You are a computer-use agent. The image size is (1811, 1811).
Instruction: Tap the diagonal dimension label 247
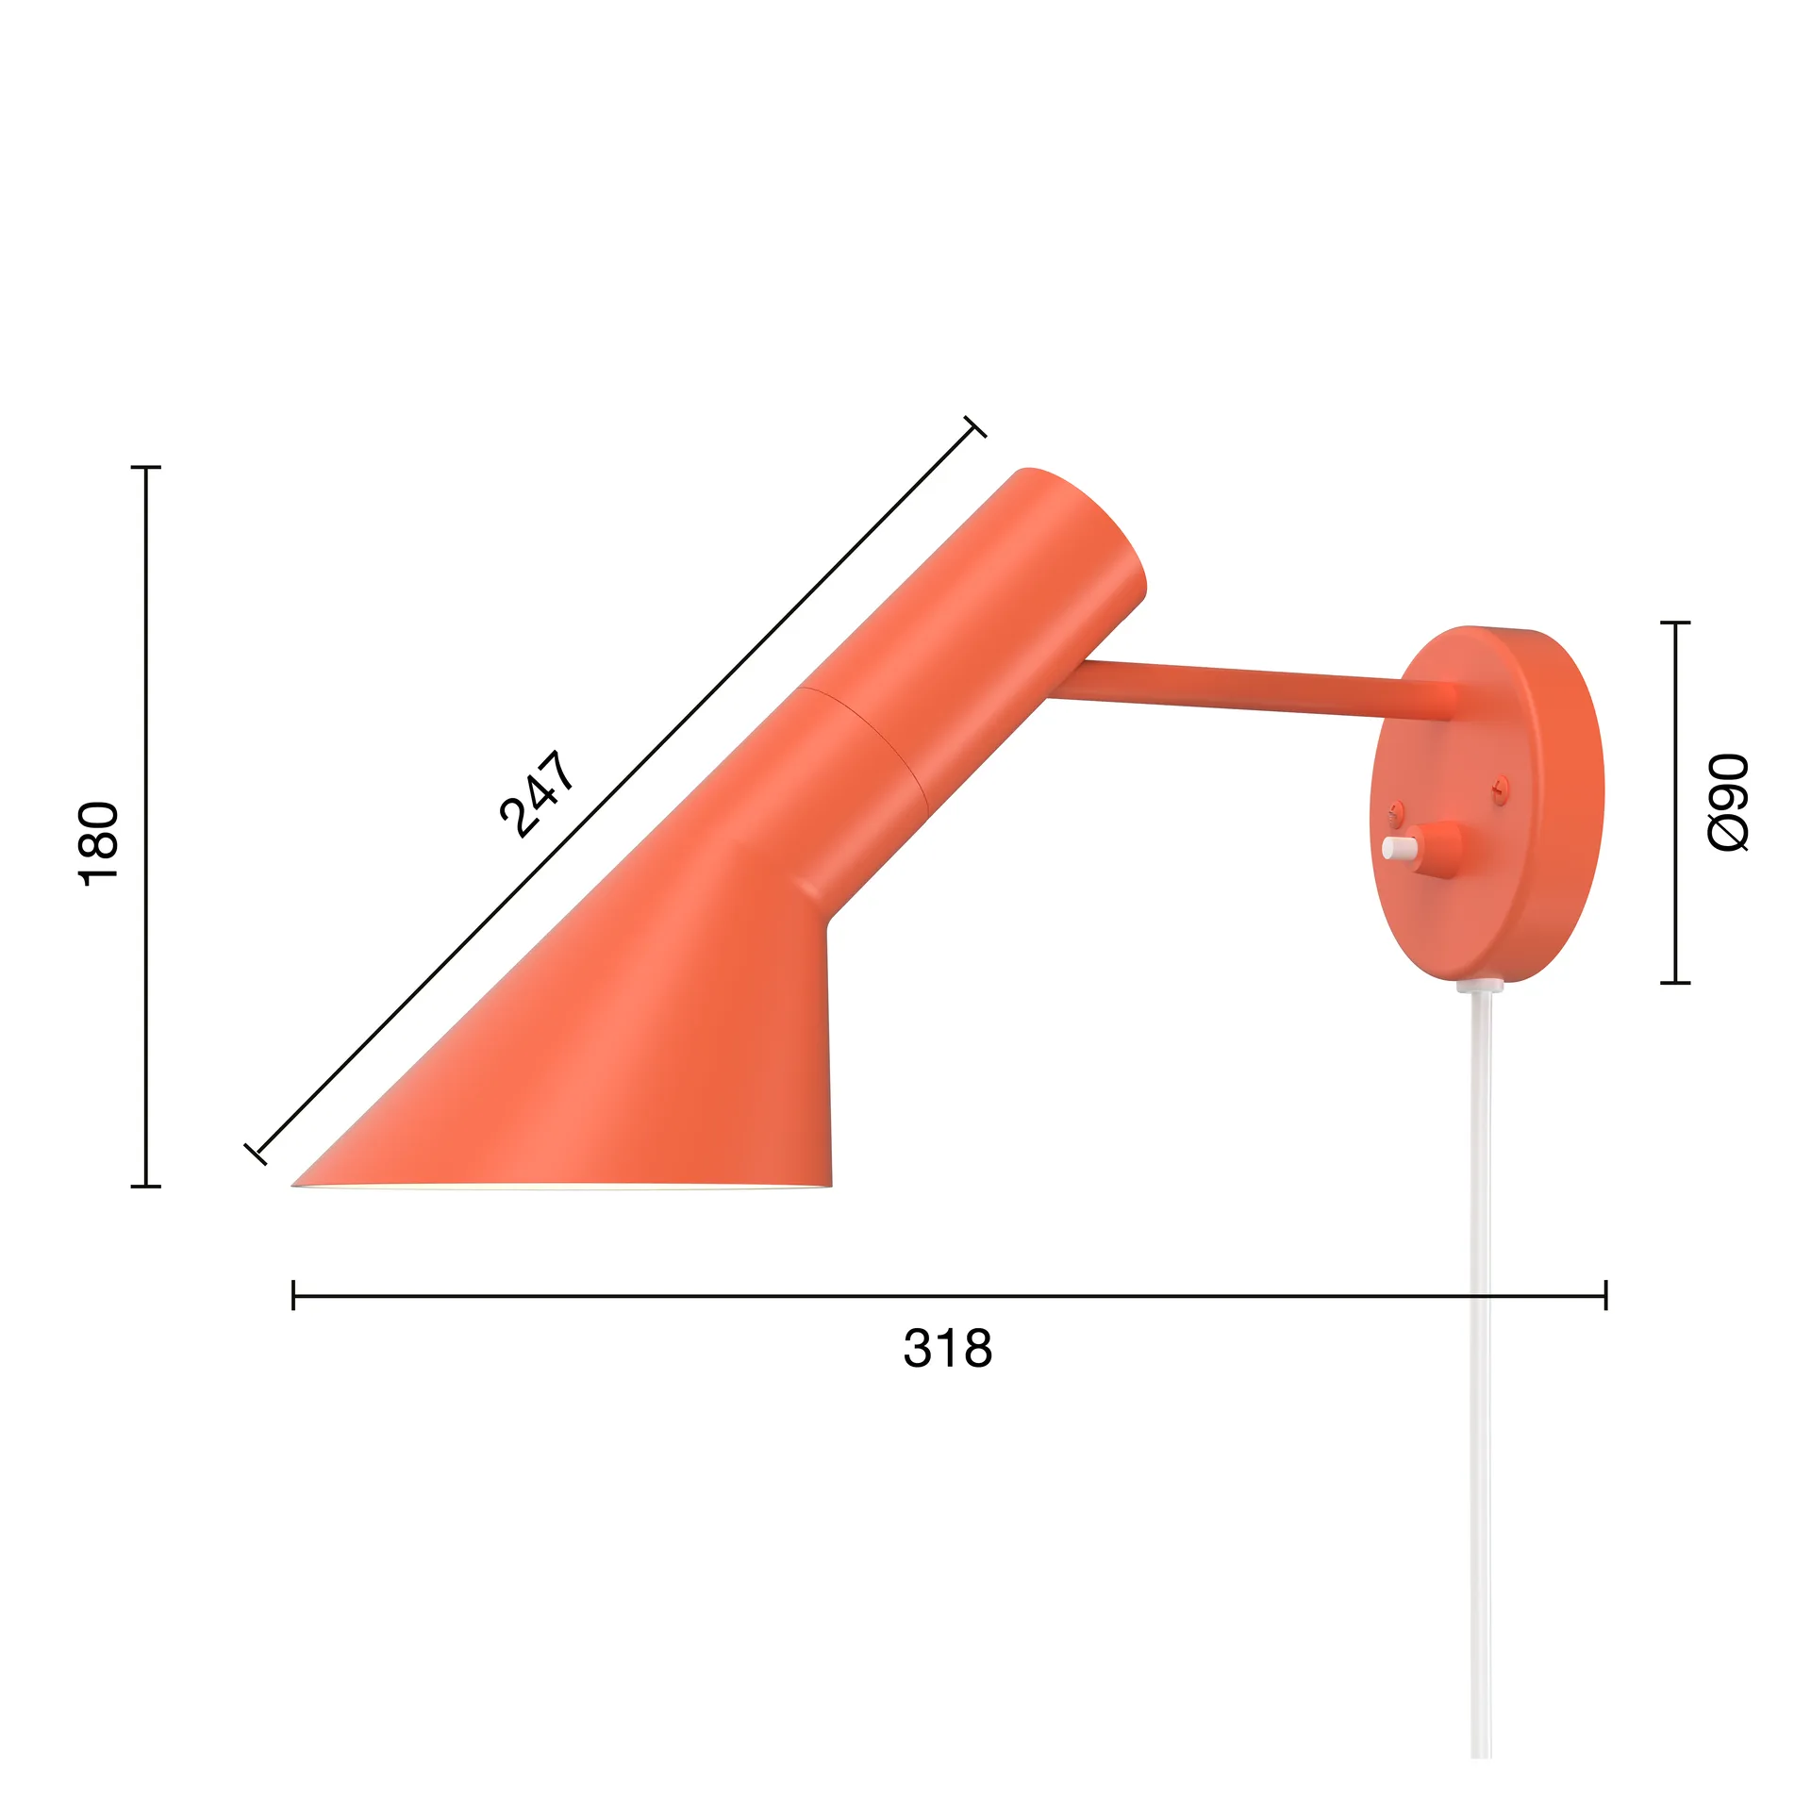coord(536,793)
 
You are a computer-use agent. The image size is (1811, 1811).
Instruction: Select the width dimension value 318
coord(947,1348)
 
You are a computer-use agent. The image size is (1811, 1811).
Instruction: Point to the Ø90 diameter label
coord(1729,802)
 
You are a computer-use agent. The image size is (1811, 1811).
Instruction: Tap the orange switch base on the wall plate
coord(1440,848)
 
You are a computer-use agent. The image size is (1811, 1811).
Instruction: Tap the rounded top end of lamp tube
coord(1085,509)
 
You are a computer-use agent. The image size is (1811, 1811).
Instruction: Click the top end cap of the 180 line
coord(145,467)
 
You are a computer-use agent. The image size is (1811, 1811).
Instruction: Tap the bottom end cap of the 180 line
coord(145,1186)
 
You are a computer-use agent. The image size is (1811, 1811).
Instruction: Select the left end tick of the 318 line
coord(293,1295)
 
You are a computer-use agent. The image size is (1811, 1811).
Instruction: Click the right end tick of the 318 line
coord(1605,1295)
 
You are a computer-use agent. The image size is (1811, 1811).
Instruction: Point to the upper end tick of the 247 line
coord(975,427)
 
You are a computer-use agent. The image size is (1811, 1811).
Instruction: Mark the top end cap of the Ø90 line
coord(1674,623)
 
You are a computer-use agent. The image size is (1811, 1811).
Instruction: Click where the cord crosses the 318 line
coord(1481,1296)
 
